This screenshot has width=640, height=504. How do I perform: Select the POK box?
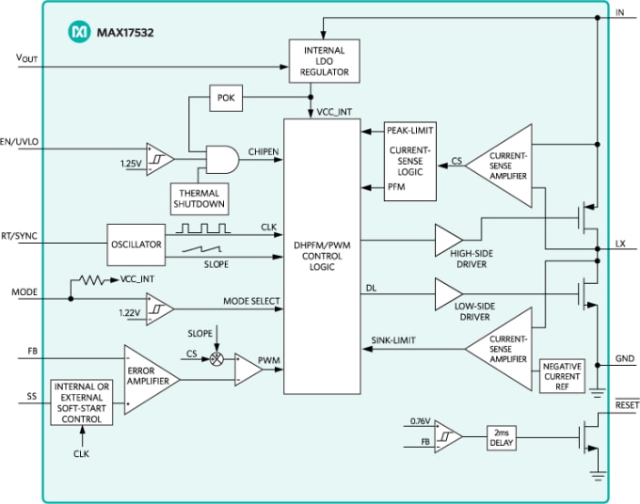pos(226,98)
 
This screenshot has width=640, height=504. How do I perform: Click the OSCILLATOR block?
pos(135,244)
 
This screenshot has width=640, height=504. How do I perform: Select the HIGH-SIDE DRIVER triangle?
pos(447,240)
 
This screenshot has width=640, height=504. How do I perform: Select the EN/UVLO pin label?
pos(19,142)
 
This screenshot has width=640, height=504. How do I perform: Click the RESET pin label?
pos(625,404)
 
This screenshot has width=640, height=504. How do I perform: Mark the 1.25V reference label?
pos(131,164)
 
